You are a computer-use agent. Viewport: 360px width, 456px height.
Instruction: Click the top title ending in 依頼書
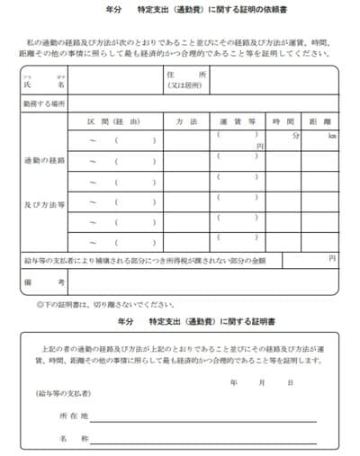[181, 11]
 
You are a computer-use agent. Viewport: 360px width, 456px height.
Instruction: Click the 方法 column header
[187, 121]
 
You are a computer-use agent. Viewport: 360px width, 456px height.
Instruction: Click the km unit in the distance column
[332, 136]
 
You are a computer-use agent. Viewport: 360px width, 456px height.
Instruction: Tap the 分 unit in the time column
[294, 136]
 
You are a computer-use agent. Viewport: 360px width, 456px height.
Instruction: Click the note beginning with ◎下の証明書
[98, 304]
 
